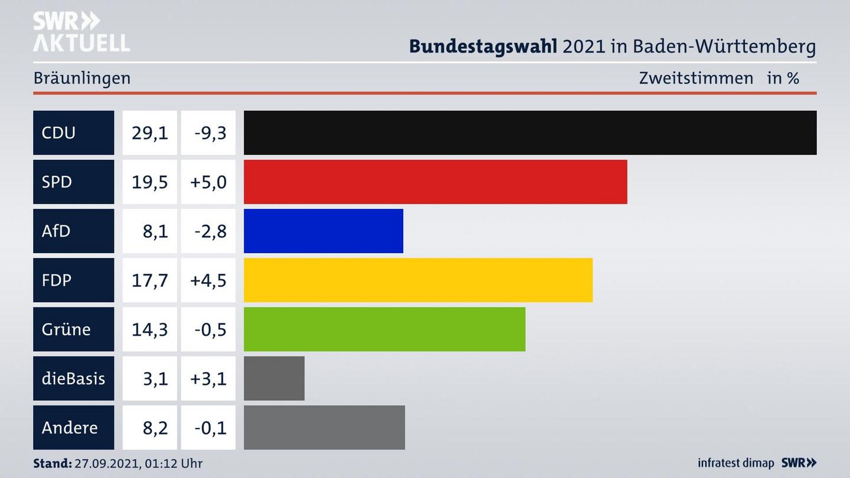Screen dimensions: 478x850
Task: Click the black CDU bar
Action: [530, 133]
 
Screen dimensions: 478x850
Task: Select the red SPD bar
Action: [435, 182]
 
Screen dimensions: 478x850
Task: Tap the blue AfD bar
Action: [323, 231]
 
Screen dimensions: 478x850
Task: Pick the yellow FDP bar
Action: [418, 280]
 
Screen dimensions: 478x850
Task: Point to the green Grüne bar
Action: [384, 329]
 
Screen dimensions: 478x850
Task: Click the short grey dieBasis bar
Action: [274, 378]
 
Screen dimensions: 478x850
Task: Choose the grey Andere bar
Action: [324, 427]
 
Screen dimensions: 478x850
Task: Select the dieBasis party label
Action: [73, 378]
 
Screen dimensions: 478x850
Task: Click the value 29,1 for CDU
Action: [149, 133]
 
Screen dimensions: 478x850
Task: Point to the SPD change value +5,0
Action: [208, 182]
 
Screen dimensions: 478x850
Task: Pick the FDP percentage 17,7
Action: [149, 280]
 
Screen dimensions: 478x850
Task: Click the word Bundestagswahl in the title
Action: [483, 46]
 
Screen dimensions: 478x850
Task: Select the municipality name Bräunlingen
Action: [82, 78]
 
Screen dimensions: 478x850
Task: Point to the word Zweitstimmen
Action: [696, 78]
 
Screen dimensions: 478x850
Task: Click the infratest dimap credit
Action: [736, 463]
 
